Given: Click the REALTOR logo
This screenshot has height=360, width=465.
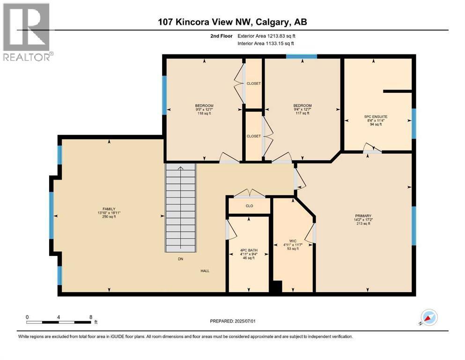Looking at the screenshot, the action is [28, 32].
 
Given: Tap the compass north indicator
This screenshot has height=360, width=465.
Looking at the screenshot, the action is [429, 318].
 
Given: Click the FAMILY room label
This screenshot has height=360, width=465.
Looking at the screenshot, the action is [109, 209].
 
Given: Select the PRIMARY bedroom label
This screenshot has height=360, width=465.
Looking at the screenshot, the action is [363, 216].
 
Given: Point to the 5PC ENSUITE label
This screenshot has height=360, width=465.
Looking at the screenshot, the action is [376, 117].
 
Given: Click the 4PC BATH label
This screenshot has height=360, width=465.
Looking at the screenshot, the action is [249, 250].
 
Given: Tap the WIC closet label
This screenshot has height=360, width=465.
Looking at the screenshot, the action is [293, 241].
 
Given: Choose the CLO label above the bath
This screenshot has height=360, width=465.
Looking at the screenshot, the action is [250, 206].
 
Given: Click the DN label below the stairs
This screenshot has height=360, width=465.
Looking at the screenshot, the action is [181, 259].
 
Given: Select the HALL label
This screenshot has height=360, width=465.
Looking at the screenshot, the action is [205, 270].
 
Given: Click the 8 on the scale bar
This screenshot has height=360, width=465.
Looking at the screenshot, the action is [91, 317].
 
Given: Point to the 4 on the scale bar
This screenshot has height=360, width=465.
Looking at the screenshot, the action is [59, 317].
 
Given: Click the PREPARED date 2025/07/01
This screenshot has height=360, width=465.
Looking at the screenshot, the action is [245, 321].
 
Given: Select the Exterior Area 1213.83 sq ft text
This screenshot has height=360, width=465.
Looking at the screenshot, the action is [266, 36].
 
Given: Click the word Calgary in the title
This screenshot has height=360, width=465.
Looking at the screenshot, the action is [272, 22].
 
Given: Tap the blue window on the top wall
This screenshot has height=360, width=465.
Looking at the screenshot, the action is [302, 56].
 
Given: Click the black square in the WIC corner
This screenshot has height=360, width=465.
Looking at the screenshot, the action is [277, 286].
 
